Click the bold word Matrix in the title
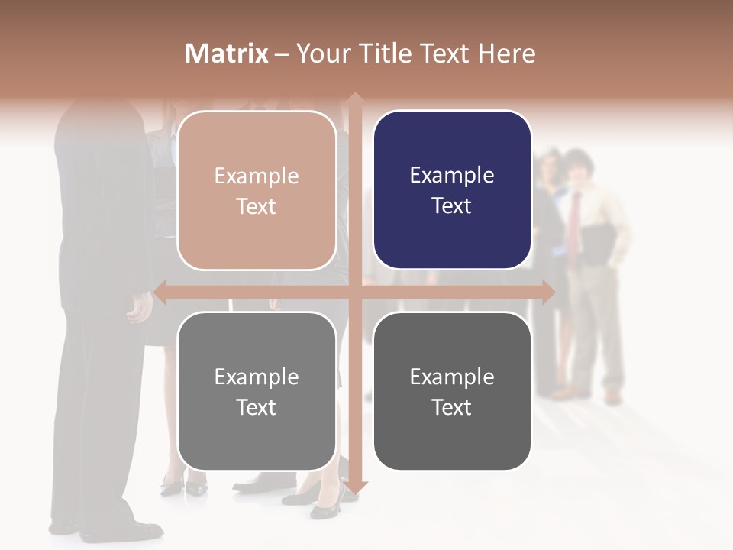(x=227, y=53)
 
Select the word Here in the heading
(x=507, y=53)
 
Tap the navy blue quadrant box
(x=452, y=190)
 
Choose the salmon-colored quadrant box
(x=257, y=190)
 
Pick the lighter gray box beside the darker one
(x=257, y=391)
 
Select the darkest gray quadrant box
(x=452, y=391)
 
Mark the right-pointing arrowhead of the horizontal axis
(x=548, y=292)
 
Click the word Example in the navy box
(x=452, y=176)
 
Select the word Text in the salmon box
(x=257, y=206)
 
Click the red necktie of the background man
(x=573, y=222)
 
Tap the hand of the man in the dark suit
(x=140, y=309)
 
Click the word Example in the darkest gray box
(x=452, y=377)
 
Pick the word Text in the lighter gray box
(x=257, y=407)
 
